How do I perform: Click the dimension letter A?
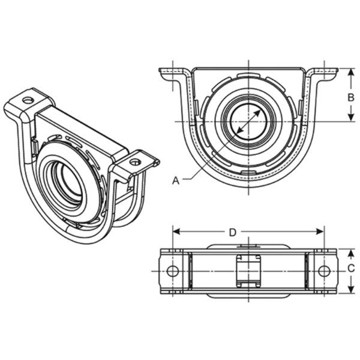click(175, 179)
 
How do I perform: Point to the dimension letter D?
click(232, 232)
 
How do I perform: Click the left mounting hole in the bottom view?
click(173, 271)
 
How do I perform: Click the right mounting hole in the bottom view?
click(324, 271)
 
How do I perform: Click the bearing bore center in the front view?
click(248, 122)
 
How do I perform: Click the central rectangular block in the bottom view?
click(248, 271)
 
